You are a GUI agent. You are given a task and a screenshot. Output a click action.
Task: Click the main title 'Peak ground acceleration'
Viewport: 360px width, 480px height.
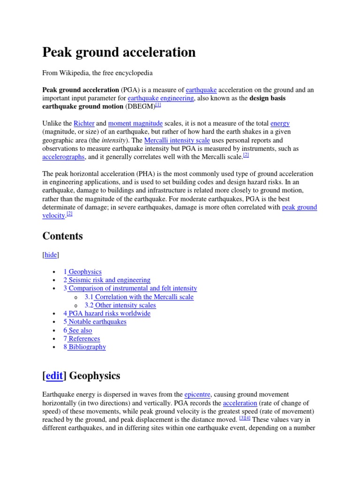pos(119,52)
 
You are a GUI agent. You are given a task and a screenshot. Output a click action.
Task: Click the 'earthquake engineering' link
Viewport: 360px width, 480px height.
pos(160,98)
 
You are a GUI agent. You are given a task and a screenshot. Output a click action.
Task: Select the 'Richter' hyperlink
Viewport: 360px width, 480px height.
pos(84,124)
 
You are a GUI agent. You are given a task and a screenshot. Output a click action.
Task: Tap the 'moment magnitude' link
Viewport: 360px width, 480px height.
pos(135,124)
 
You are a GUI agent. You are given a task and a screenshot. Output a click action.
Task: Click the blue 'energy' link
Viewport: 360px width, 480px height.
pos(280,124)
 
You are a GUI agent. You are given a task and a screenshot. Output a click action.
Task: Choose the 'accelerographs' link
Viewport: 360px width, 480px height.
pos(63,157)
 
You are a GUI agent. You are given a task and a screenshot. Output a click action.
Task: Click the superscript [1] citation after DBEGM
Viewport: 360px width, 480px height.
pos(158,105)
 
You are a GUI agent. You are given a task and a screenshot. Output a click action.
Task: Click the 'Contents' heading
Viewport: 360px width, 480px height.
pos(62,236)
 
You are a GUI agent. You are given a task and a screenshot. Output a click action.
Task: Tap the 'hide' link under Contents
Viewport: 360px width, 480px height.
pos(51,255)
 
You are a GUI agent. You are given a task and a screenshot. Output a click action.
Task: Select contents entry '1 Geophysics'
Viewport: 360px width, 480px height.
pos(82,272)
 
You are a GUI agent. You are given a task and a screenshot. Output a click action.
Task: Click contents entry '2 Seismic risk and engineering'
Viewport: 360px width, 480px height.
pos(107,280)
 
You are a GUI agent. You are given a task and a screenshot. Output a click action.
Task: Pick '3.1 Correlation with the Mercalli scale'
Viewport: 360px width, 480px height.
pos(139,297)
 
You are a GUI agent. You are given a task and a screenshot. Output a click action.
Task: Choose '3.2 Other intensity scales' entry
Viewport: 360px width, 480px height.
pos(120,306)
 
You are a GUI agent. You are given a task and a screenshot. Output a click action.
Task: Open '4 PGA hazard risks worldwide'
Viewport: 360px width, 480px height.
pos(107,314)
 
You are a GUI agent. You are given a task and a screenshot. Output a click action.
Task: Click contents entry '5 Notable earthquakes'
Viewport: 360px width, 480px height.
pos(95,322)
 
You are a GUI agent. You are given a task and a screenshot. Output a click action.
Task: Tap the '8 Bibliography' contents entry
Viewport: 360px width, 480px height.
pos(85,347)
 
